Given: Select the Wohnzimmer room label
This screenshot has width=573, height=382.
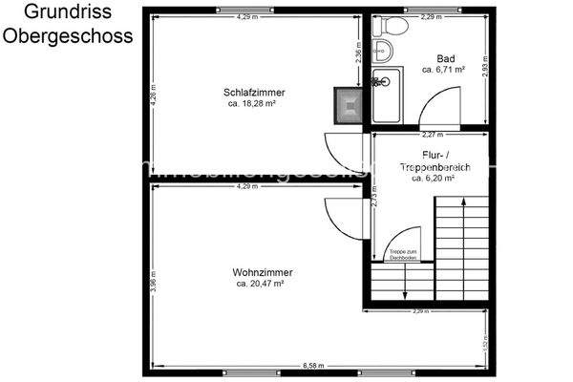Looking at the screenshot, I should point(256,272).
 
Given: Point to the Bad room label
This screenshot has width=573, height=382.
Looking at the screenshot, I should point(445,57).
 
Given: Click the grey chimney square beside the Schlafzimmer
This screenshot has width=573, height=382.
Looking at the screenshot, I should point(348,102).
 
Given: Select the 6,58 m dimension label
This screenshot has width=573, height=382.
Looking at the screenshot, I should point(312,366).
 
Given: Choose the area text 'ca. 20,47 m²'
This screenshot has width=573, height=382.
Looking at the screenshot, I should point(256,283).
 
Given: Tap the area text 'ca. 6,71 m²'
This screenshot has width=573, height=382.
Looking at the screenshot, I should point(445,69).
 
